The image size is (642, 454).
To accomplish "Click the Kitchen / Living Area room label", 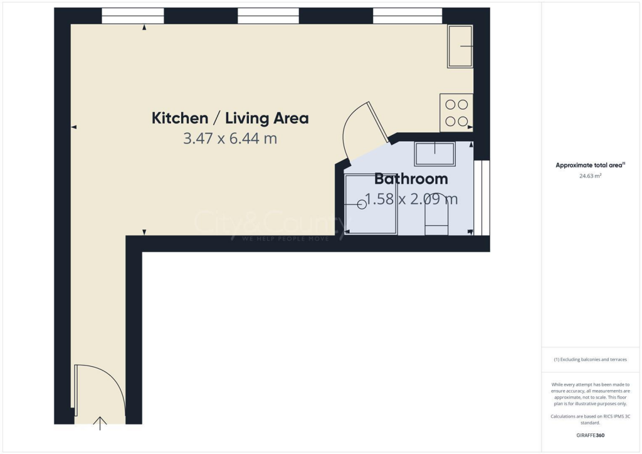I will click(230, 118).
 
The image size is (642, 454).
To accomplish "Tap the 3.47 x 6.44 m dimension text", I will click(230, 139).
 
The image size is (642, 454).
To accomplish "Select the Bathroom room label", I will click(411, 179).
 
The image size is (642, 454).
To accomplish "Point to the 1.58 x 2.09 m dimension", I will click(411, 199).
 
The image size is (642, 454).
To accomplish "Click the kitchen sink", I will click(460, 46).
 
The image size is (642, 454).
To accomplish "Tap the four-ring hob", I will click(456, 112).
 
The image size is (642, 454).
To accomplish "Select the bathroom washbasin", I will click(435, 153).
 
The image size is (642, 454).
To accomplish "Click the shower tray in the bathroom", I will click(371, 204).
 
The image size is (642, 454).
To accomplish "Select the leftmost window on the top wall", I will click(132, 16).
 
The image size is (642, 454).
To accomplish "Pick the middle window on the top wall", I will click(268, 16).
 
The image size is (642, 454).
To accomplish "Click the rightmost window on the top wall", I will click(408, 16).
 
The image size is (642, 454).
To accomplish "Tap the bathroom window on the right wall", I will click(481, 198).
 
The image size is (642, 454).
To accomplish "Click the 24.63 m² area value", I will click(591, 176).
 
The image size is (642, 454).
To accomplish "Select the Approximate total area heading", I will click(590, 165).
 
